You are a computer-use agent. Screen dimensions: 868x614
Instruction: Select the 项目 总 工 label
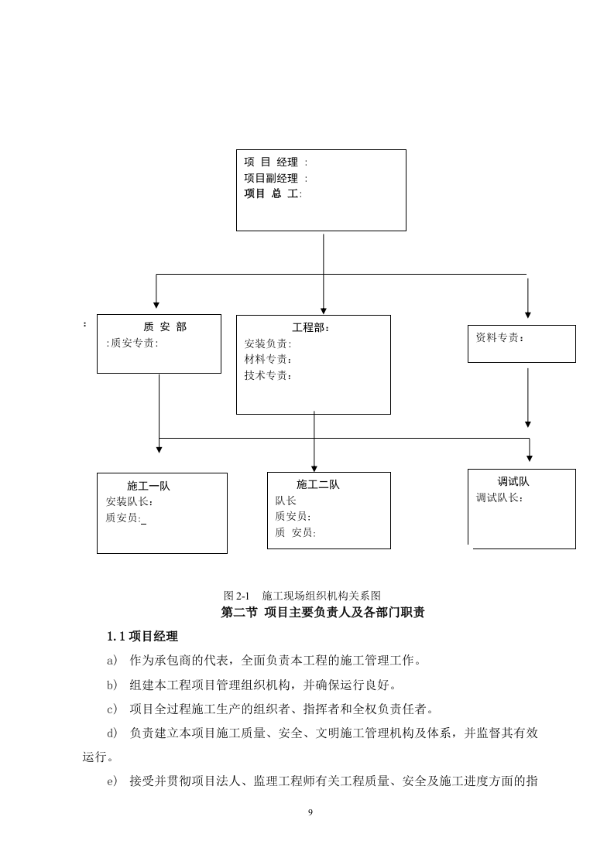(272, 193)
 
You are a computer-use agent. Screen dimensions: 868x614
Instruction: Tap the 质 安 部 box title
(165, 327)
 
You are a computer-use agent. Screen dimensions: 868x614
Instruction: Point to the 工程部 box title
(310, 328)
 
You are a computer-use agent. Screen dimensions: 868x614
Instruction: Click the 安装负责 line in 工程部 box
(268, 343)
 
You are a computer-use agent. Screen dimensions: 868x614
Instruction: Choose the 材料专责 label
(268, 360)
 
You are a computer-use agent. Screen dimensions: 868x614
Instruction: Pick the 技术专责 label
(268, 376)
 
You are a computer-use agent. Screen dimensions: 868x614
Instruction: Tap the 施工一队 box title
(149, 486)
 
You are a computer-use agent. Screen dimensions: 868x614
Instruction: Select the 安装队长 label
(130, 501)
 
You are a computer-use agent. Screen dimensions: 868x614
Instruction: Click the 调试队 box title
(513, 481)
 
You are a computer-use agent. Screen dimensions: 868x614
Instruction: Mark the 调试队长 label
(499, 497)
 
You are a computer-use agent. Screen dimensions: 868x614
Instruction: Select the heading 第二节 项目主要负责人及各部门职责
(323, 613)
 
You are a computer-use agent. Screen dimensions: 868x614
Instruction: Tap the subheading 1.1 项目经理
(142, 637)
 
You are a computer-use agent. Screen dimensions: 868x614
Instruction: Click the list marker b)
(112, 685)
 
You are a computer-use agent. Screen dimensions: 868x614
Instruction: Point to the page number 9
(310, 812)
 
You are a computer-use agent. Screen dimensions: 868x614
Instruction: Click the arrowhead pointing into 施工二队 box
(314, 467)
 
